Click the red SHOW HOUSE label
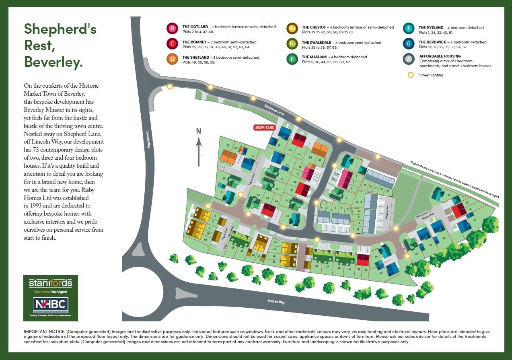(264, 128)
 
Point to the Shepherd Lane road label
(274, 110)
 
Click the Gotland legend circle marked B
(172, 29)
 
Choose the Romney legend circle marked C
(172, 43)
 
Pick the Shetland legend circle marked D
(172, 59)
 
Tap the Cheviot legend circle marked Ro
(292, 29)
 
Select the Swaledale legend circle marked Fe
(292, 43)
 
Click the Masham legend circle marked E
(292, 59)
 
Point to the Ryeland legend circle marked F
(409, 29)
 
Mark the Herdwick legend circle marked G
(409, 43)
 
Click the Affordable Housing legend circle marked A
(409, 59)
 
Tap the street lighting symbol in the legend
(411, 75)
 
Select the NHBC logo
(50, 305)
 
